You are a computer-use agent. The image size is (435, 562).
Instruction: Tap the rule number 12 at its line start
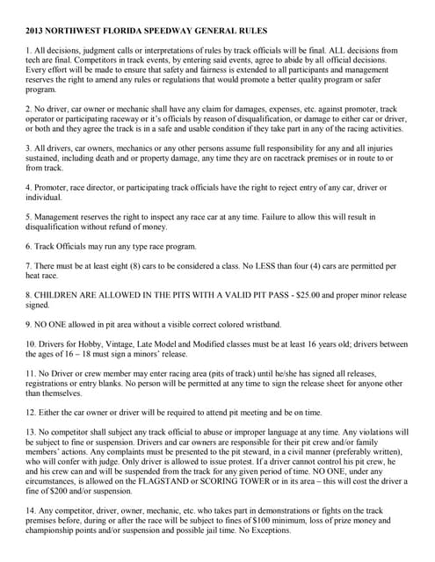coord(32,413)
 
